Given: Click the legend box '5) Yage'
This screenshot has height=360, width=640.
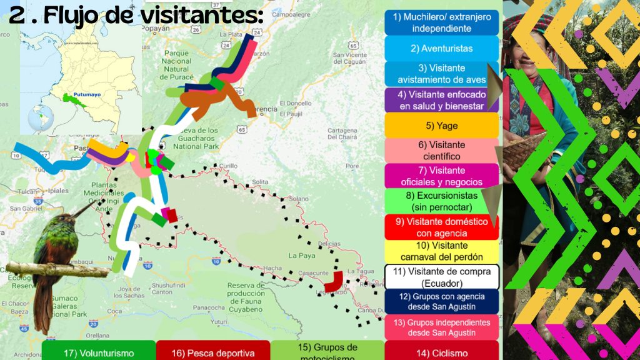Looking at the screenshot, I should [441, 125].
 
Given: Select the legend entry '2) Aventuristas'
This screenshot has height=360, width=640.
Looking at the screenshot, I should [441, 48].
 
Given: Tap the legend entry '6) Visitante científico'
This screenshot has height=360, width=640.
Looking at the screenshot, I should [441, 150].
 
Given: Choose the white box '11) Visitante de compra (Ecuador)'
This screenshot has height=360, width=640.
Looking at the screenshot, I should [441, 277].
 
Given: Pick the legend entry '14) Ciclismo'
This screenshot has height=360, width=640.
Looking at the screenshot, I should [441, 352].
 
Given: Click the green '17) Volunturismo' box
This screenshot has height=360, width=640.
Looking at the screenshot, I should [99, 352].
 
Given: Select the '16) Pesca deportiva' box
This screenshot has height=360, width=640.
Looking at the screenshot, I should [212, 352].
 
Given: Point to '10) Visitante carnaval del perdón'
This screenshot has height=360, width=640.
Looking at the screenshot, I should [441, 251].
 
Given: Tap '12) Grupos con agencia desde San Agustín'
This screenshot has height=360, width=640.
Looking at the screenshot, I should [441, 301].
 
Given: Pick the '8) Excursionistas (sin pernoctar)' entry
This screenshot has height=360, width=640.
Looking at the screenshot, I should [441, 201].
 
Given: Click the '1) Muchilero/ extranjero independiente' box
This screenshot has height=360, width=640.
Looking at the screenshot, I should [441, 22].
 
